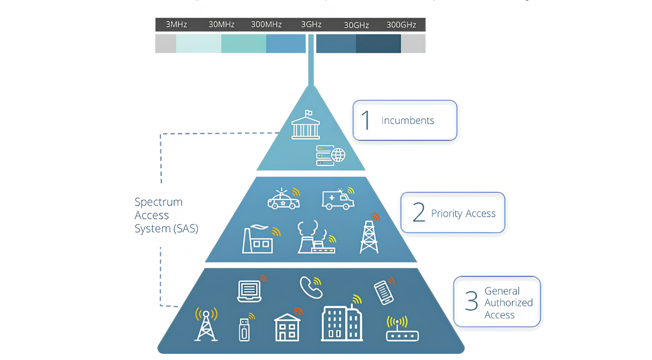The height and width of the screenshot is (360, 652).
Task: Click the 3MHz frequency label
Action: coord(176,25)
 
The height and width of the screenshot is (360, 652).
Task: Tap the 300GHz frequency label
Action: coord(401,25)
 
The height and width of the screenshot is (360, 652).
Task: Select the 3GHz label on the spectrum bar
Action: coord(312,25)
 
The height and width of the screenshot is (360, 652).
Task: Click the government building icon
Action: coord(305,125)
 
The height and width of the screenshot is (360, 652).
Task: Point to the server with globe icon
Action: coord(330,155)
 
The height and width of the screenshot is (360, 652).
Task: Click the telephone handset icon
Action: coord(311,288)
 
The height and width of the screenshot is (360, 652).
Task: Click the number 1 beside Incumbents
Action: coord(366,120)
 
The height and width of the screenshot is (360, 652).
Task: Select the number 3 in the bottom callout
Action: coord(471,301)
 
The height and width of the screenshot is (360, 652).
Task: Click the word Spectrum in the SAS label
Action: coord(158,202)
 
